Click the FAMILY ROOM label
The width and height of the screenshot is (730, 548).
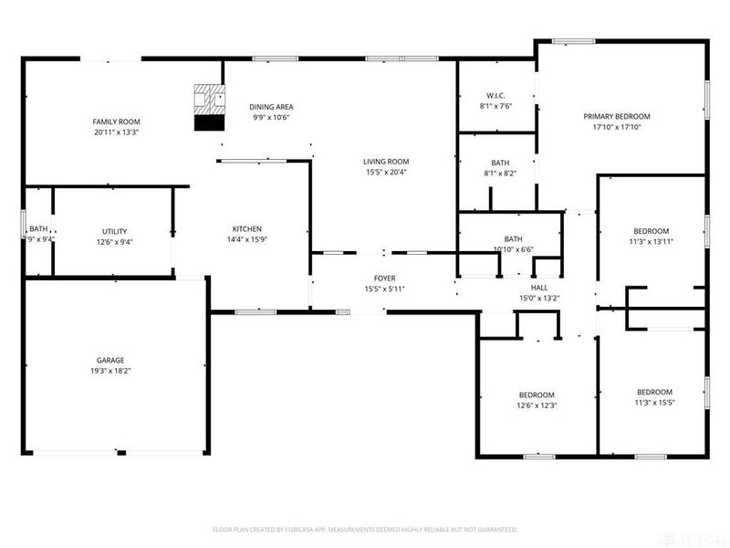pos(116,121)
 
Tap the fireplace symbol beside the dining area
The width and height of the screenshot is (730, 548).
pos(209,108)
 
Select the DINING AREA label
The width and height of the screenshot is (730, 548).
pos(271,107)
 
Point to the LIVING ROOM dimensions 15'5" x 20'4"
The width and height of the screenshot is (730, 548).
pos(386,172)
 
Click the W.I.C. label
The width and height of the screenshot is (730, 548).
pos(495,95)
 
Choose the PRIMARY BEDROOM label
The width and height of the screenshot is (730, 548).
pos(617,116)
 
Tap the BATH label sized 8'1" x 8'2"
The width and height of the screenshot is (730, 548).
pos(499,163)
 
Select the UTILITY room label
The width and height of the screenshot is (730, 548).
pos(114,231)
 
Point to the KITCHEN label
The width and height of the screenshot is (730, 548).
pos(247,228)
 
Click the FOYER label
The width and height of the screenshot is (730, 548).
pos(384,279)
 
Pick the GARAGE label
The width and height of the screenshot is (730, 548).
pos(110,360)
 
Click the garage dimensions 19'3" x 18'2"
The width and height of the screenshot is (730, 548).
pos(110,372)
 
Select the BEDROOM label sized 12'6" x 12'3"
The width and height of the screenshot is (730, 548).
pos(536,395)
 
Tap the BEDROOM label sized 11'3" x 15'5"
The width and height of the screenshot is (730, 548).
pos(653,392)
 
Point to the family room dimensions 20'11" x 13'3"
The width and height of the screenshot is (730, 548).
pos(116,132)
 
